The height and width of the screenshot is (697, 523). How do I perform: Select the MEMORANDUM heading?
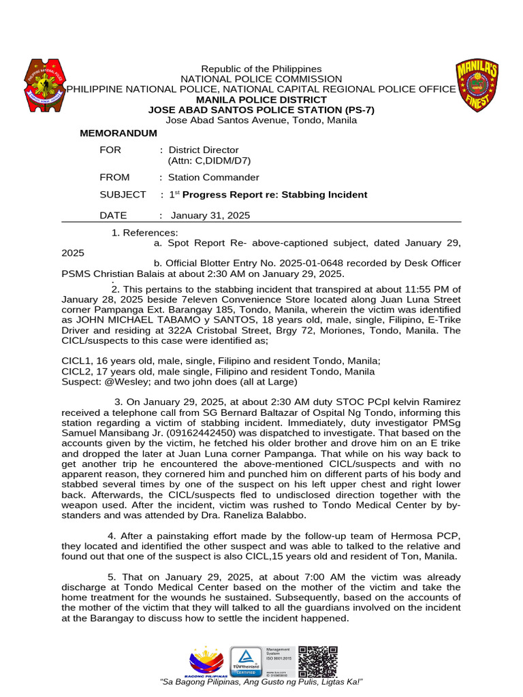point(118,133)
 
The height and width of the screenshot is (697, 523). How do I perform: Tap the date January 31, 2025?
point(210,216)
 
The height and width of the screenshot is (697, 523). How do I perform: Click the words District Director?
point(204,150)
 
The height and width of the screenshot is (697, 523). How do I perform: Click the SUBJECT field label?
point(123,195)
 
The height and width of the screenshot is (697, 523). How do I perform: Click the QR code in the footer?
point(319,660)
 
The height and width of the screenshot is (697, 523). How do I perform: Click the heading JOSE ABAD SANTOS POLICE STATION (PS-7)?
point(261,110)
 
